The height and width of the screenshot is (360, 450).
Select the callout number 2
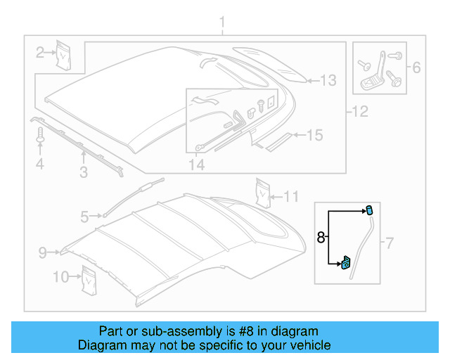coord(41,51)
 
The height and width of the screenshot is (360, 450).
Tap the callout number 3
coord(83,171)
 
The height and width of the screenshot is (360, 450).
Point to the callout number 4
coord(40,165)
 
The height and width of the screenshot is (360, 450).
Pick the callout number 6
coord(416,67)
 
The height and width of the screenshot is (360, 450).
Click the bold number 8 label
coord(321,238)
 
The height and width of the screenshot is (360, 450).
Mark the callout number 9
coord(42,251)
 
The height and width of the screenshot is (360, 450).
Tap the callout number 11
coord(291,195)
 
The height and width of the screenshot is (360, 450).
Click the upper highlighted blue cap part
coord(368,210)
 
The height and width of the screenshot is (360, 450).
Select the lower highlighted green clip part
coord(347,263)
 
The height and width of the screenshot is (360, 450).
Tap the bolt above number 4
coord(40,136)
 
